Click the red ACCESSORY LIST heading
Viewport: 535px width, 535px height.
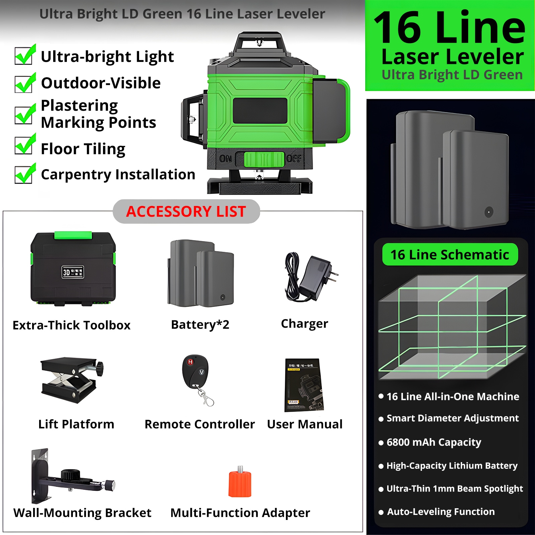click(x=186, y=211)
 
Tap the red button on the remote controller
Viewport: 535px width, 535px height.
click(x=190, y=362)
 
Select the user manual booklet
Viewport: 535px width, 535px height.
click(x=304, y=385)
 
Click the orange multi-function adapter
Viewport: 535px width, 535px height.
click(x=240, y=483)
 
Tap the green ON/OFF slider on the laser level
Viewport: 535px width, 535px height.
click(x=264, y=159)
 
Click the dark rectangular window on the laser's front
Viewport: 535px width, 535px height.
click(x=260, y=111)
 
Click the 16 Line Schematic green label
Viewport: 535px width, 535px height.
click(x=450, y=254)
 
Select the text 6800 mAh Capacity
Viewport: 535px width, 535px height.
click(x=434, y=442)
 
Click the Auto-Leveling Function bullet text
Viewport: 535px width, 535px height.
click(x=441, y=512)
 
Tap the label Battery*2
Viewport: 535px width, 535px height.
click(x=200, y=324)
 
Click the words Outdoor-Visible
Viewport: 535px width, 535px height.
click(x=101, y=83)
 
